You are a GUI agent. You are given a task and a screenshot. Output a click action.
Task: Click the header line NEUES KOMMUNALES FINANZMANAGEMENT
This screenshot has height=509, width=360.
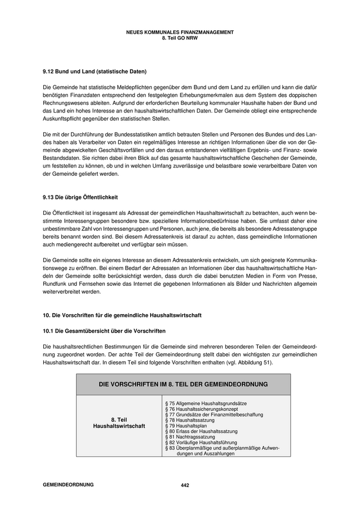coord(179,32)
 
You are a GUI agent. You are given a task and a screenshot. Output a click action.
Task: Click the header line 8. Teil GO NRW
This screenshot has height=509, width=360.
coord(179,38)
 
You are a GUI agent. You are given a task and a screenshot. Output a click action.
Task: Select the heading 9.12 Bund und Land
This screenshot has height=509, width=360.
coord(94,71)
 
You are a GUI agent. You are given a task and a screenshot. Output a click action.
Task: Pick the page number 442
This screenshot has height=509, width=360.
coord(185,485)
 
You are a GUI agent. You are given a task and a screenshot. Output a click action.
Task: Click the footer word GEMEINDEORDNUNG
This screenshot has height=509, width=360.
coord(68,485)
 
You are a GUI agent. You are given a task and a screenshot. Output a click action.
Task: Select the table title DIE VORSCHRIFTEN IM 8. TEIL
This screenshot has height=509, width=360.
coord(183,384)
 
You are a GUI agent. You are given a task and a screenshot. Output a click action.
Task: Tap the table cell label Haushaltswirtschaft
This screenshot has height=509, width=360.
coord(119,426)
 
